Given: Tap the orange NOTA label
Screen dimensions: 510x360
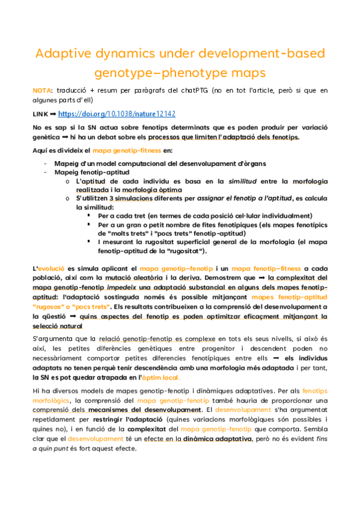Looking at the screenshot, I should pos(41,90).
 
